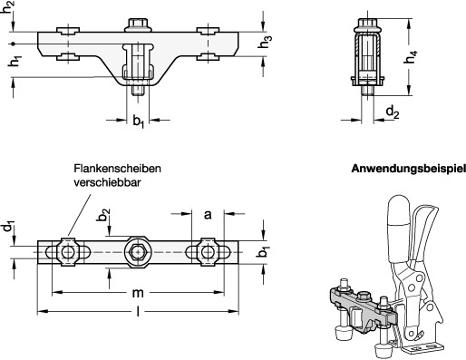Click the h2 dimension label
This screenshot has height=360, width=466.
(x=8, y=6)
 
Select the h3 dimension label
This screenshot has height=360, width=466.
(x=264, y=42)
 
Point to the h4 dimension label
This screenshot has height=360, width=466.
(x=411, y=57)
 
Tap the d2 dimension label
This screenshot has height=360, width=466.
(x=393, y=112)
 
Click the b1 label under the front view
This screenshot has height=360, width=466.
(x=139, y=122)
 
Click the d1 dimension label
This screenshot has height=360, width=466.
(x=9, y=226)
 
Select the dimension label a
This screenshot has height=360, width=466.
(x=208, y=215)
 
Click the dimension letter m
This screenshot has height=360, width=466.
(x=138, y=293)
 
